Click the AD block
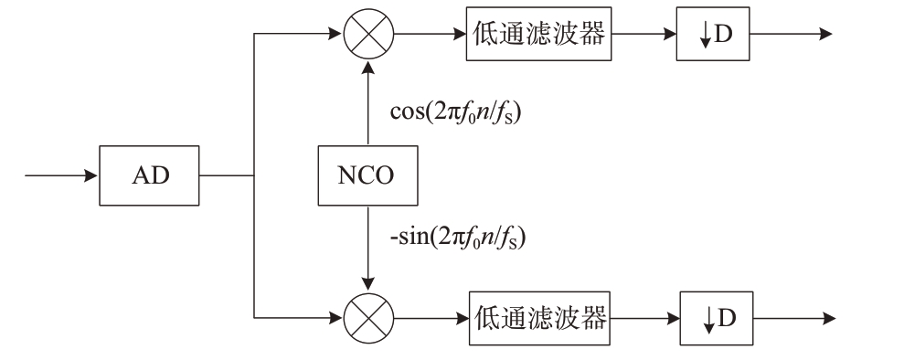click(x=149, y=175)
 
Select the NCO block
click(x=367, y=175)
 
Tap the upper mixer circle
click(x=368, y=34)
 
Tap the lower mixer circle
click(x=368, y=318)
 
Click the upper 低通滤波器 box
click(x=538, y=34)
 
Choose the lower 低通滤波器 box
click(x=539, y=319)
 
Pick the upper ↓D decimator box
click(x=713, y=34)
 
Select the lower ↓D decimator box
click(x=717, y=319)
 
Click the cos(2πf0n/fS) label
click(x=455, y=113)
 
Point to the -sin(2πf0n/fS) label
click(x=458, y=238)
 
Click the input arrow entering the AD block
click(x=61, y=175)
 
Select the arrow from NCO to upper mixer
click(x=368, y=102)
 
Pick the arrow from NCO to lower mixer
click(x=368, y=249)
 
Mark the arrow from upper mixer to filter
click(x=431, y=34)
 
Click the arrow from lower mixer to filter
click(x=431, y=319)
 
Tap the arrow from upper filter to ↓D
click(x=644, y=34)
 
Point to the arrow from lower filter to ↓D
click(x=645, y=319)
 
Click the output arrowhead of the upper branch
click(x=826, y=34)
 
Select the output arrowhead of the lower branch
click(x=830, y=319)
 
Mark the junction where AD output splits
click(x=254, y=175)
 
